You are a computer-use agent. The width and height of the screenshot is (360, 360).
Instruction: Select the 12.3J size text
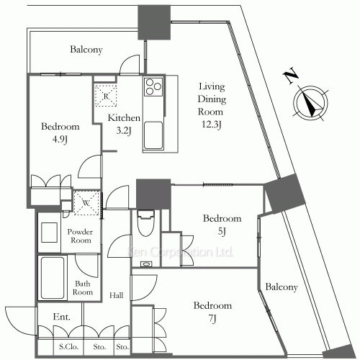[x=211, y=125]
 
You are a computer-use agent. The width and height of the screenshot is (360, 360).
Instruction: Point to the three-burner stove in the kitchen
[x=153, y=89]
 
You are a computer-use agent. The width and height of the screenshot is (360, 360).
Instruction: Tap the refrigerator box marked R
[x=106, y=95]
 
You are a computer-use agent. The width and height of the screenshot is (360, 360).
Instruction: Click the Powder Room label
[x=81, y=237]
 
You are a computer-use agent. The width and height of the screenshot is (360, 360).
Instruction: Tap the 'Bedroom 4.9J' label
[x=60, y=133]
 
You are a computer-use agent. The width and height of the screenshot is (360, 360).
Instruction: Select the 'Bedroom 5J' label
[x=222, y=225]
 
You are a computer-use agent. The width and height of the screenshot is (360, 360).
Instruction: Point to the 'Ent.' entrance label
[x=60, y=317]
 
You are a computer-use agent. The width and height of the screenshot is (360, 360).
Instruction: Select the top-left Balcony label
[x=86, y=50]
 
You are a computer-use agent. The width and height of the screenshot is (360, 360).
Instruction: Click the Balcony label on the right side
[x=281, y=287]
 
